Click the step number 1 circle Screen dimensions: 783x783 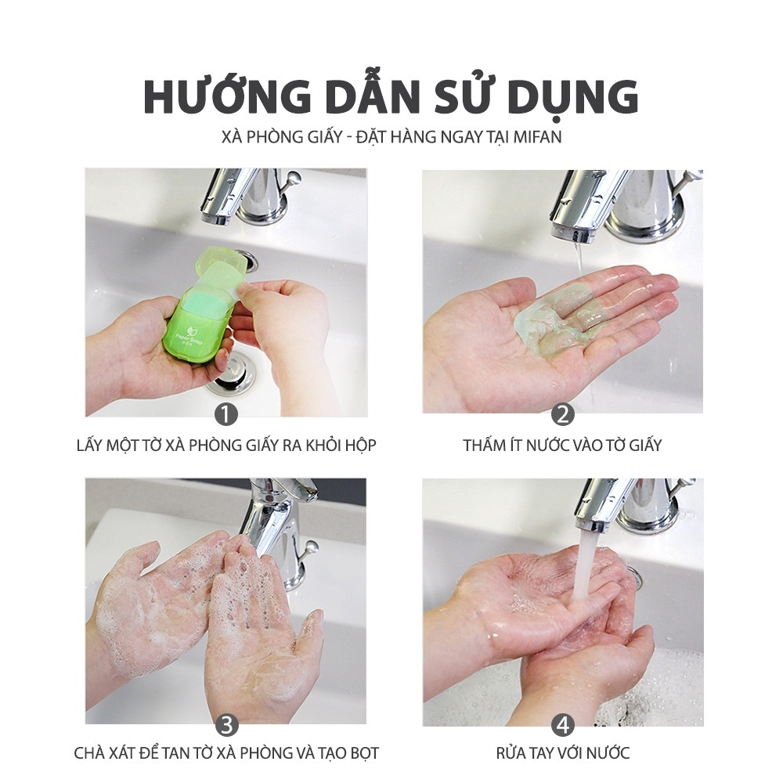click(x=226, y=414)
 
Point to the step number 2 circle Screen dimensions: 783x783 click(x=562, y=414)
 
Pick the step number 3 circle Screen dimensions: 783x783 click(x=226, y=723)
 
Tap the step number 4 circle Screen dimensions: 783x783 click(x=562, y=723)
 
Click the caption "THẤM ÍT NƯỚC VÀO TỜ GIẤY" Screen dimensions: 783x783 click(x=562, y=446)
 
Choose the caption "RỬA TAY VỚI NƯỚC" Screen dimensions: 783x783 click(x=562, y=754)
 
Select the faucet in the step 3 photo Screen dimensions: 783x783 click(x=278, y=525)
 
